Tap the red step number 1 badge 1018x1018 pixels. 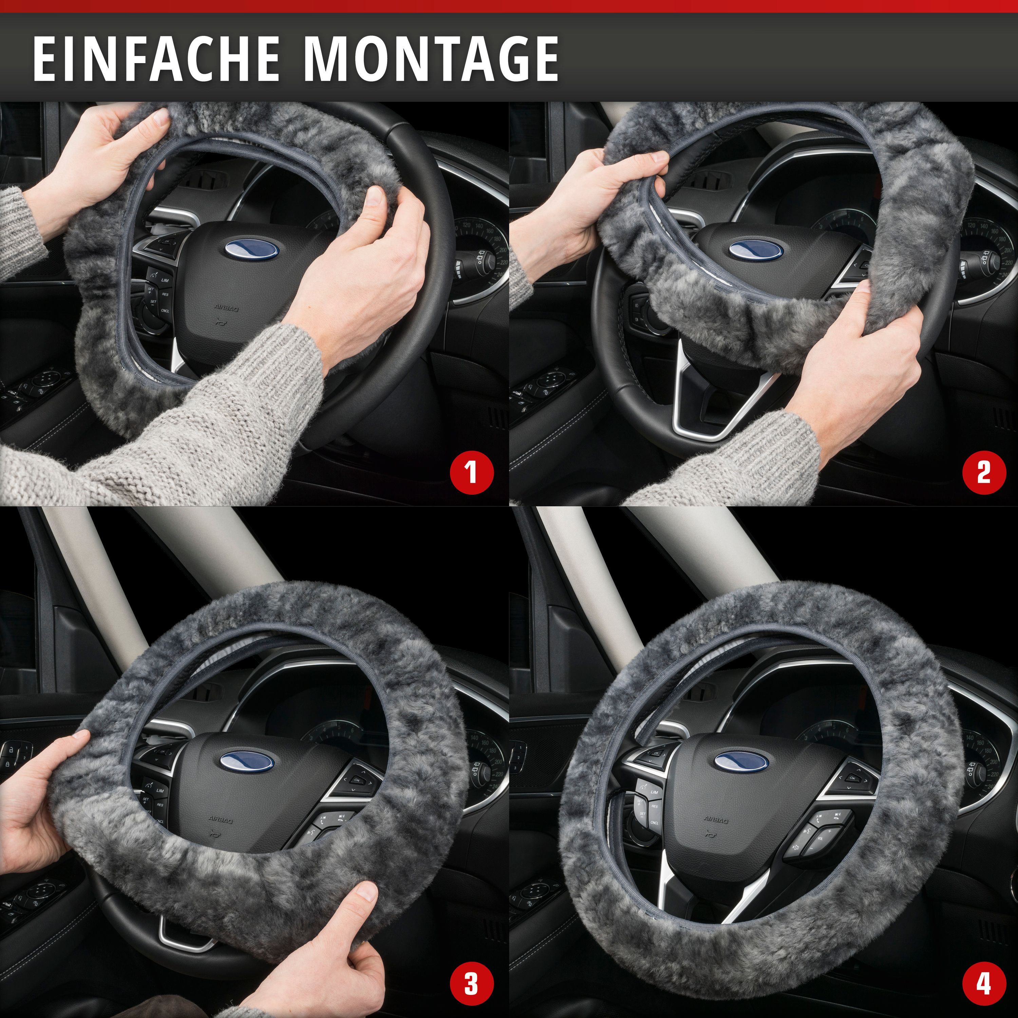(x=472, y=472)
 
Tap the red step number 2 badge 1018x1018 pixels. (x=983, y=472)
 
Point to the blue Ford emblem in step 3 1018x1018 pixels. (x=247, y=762)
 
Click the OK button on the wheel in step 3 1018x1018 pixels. (x=357, y=781)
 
